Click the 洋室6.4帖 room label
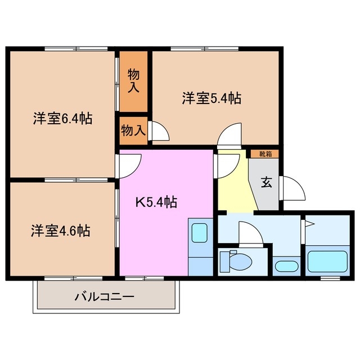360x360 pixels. (62, 119)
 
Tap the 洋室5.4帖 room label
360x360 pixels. (211, 98)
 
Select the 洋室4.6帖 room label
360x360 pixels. (61, 230)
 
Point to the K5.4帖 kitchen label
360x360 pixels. (155, 202)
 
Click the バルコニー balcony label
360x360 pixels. (105, 296)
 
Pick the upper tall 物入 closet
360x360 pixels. (133, 81)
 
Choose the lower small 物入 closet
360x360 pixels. (133, 130)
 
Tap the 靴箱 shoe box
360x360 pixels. (264, 154)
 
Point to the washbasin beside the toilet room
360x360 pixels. (287, 266)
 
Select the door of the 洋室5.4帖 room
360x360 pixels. (230, 136)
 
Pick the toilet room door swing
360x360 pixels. (250, 233)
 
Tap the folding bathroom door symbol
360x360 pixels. (309, 225)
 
